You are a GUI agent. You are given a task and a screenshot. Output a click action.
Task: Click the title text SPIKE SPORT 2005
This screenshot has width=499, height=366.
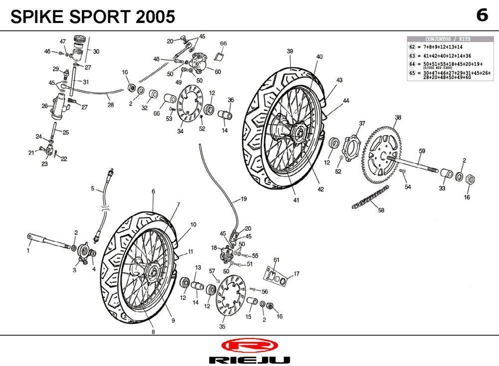click(x=93, y=17)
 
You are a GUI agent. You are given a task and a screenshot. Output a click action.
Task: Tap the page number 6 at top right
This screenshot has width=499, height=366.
click(x=482, y=15)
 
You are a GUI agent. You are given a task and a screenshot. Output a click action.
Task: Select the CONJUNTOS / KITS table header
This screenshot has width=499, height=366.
click(x=447, y=39)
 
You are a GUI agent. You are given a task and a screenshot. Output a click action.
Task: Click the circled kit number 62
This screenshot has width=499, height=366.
click(x=412, y=46)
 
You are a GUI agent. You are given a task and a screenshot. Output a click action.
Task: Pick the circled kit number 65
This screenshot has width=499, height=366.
click(x=412, y=73)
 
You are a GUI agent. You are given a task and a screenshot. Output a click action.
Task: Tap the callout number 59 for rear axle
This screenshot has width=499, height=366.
click(x=422, y=151)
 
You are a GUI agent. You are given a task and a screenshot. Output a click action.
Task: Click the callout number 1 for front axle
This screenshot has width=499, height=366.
click(x=28, y=251)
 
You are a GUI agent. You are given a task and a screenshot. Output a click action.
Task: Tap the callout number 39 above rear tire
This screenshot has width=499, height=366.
click(x=289, y=51)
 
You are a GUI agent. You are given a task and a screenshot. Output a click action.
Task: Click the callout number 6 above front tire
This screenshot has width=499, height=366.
click(x=153, y=191)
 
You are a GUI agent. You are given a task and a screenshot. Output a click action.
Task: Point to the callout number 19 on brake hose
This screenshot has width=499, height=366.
click(x=244, y=199)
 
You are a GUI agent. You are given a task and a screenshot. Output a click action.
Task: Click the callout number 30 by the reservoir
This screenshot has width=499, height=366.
click(x=96, y=51)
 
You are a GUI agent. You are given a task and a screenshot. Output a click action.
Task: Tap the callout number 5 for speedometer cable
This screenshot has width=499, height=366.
click(x=93, y=188)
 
